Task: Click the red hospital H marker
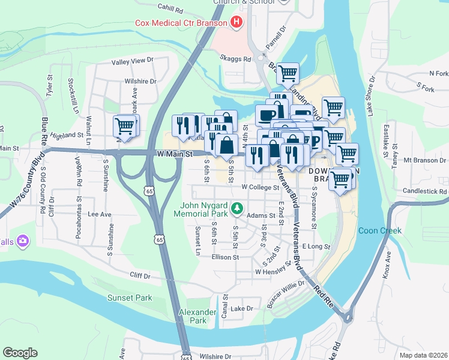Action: (237, 23)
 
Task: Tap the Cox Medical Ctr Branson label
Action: (180, 23)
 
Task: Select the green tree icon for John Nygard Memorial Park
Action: (238, 208)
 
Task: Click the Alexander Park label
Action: (193, 316)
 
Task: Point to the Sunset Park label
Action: (130, 298)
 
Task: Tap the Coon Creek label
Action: (375, 230)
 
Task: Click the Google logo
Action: (20, 352)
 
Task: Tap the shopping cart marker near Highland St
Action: (124, 127)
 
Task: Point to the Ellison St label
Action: (225, 257)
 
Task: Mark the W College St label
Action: (261, 187)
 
